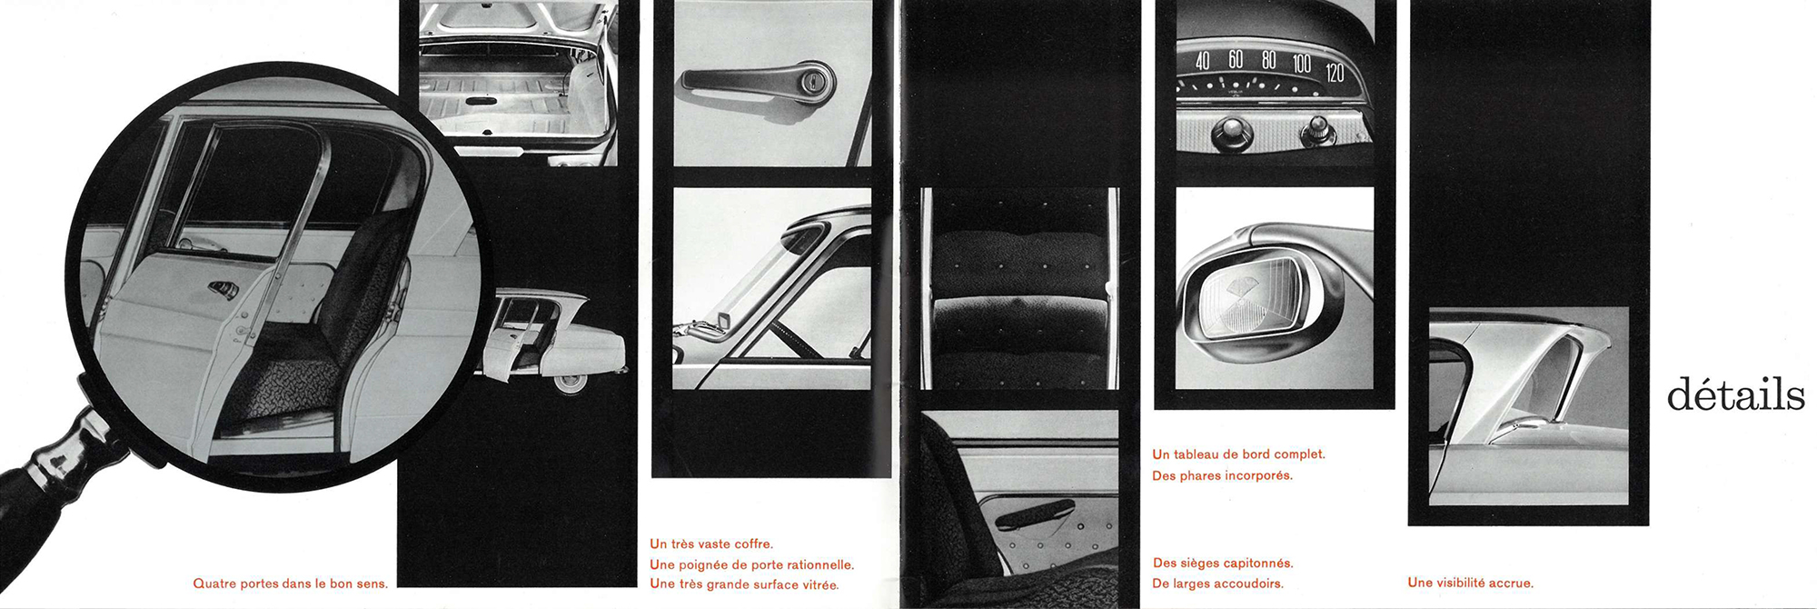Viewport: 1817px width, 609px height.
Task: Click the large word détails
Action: click(1735, 395)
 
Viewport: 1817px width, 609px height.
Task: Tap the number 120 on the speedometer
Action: click(1335, 73)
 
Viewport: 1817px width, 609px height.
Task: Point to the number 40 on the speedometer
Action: click(1203, 61)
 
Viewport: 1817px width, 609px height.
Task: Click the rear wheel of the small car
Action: click(571, 383)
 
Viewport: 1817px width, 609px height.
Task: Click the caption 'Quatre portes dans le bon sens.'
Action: click(291, 584)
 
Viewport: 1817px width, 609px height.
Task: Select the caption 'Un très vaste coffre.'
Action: click(711, 544)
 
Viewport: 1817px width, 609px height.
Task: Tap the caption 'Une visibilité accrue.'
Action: click(1470, 583)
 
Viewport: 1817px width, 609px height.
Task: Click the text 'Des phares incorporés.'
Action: click(1222, 475)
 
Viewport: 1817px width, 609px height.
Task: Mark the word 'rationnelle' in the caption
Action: click(819, 564)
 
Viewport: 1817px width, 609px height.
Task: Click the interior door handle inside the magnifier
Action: click(223, 290)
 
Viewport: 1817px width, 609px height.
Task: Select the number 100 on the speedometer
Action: click(1302, 64)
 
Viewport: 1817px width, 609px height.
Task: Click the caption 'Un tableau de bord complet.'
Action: click(1238, 454)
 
